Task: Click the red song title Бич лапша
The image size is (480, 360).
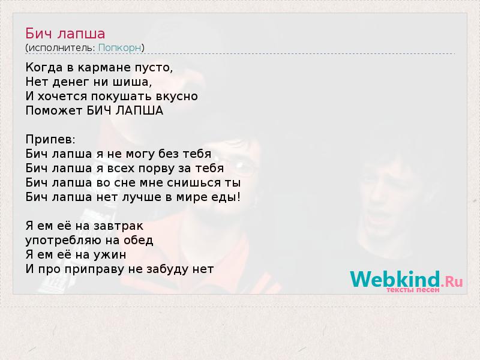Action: pos(65,34)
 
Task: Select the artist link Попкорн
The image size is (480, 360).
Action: pos(119,48)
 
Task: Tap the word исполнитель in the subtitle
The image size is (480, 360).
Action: pos(62,48)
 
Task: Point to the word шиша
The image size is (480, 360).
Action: pos(132,82)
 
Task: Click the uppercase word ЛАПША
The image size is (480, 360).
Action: pos(139,110)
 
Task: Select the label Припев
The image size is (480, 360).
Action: pos(50,140)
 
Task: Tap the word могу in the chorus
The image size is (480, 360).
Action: pos(140,154)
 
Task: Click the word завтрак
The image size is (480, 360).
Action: pos(118,226)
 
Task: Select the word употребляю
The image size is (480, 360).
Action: pos(64,241)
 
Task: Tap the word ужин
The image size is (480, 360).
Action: pos(110,255)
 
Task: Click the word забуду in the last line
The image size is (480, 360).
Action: pos(167,269)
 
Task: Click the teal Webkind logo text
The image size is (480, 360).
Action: pos(395,279)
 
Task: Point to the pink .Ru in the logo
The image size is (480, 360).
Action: pos(452,281)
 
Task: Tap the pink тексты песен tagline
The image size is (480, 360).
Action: pos(413,290)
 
